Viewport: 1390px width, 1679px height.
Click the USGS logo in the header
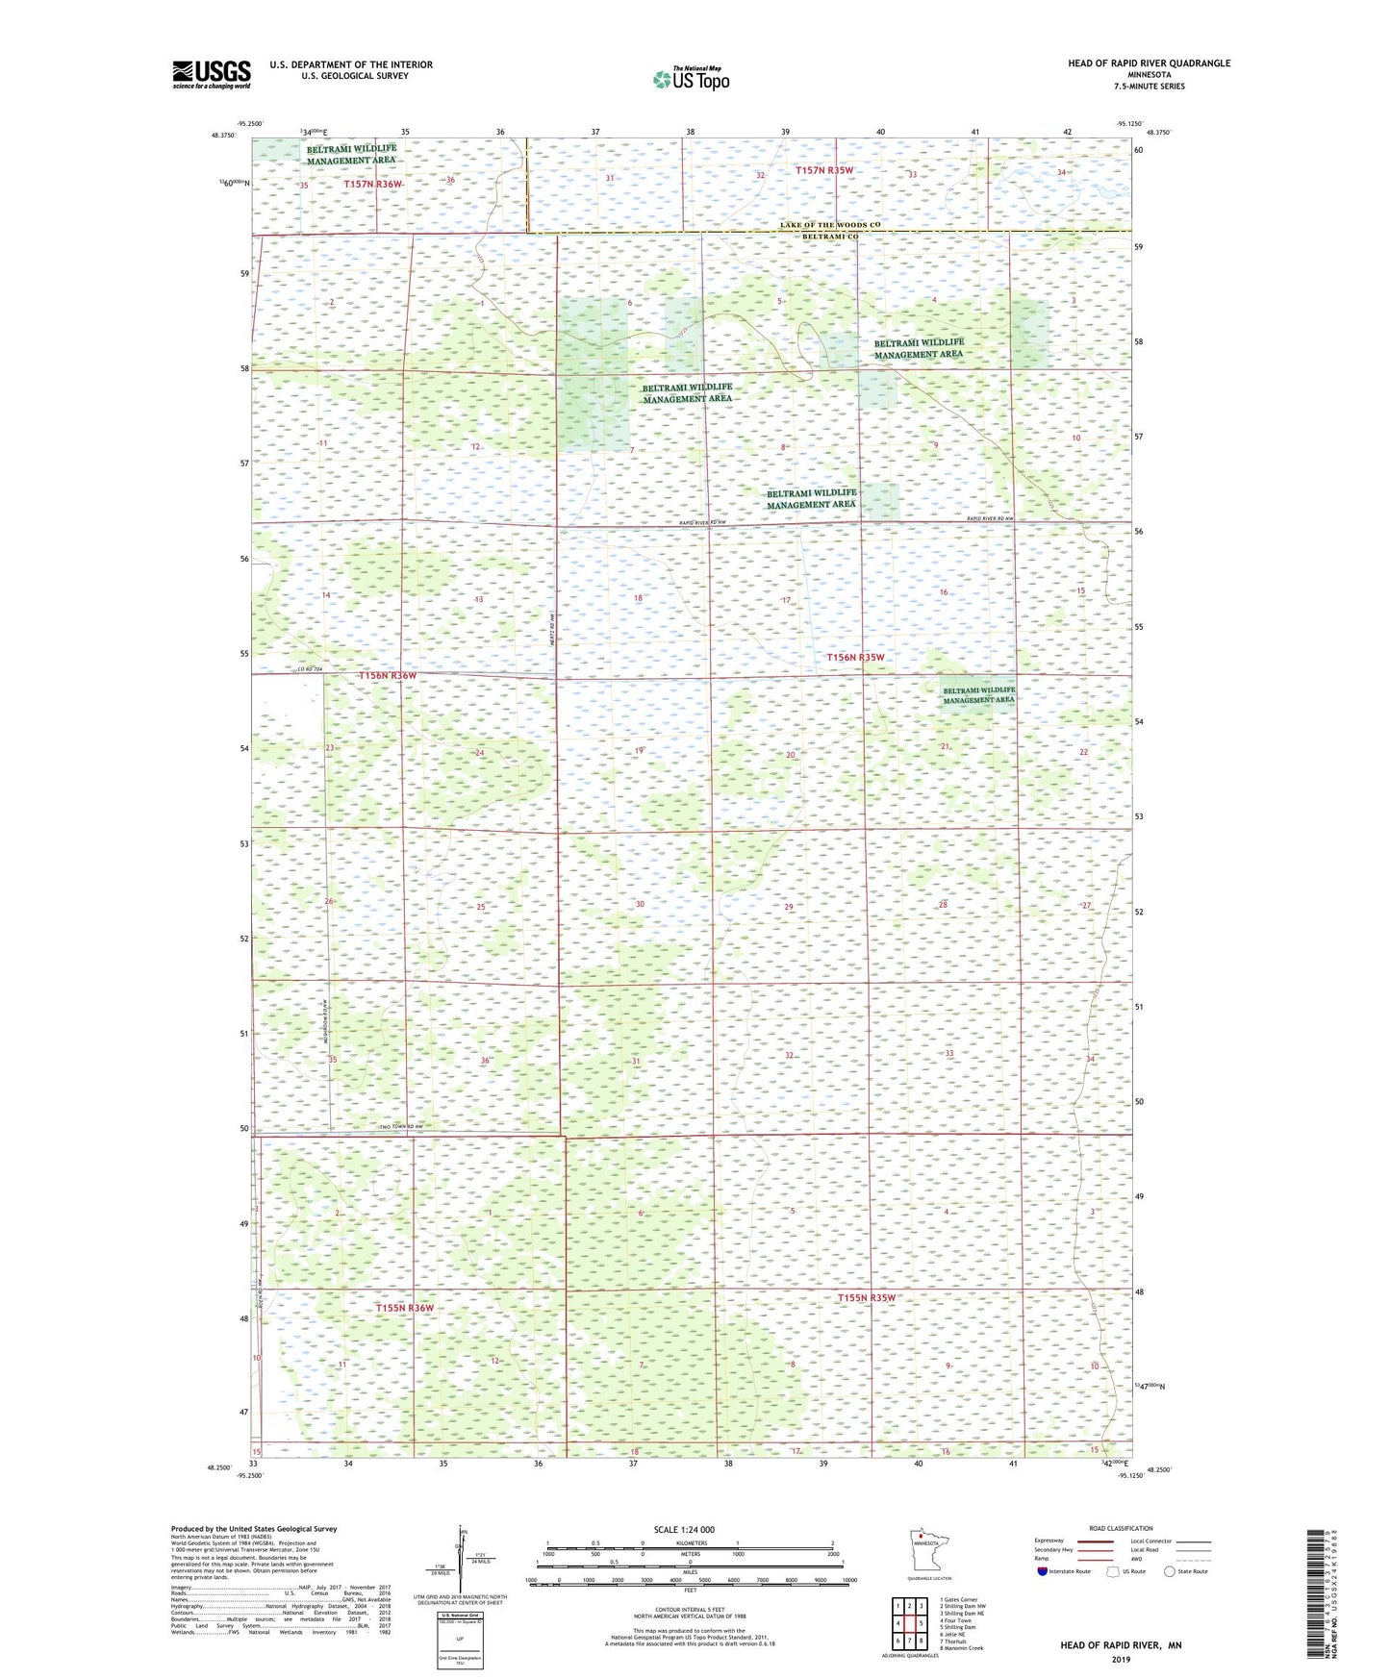211,74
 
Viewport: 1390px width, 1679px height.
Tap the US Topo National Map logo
690,79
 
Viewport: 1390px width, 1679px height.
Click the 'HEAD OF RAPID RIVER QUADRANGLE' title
1149,63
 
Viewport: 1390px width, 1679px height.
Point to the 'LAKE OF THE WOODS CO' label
830,225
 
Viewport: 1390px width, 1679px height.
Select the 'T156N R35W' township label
855,658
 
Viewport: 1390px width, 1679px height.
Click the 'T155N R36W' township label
404,1308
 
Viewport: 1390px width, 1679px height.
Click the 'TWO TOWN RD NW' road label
400,1127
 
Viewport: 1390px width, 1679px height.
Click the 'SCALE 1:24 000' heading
684,1530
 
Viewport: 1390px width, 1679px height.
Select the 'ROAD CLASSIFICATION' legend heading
1121,1528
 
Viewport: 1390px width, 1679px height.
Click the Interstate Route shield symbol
1042,1571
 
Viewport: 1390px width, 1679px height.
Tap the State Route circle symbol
1169,1571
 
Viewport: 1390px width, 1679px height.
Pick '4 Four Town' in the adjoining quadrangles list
957,1620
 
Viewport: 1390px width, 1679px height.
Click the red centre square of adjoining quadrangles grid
909,1623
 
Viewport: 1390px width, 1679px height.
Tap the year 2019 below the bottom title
1121,1659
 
